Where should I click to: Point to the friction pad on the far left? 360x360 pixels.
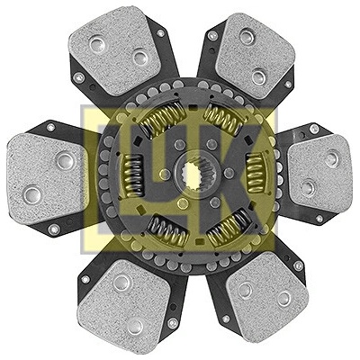click(47, 177)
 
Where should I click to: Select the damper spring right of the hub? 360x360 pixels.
click(256, 173)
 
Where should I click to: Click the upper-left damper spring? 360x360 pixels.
click(163, 116)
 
